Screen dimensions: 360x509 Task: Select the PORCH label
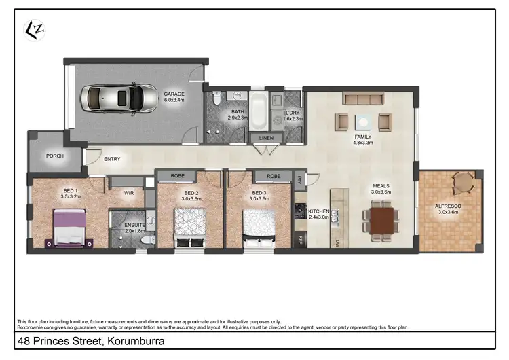click(54, 155)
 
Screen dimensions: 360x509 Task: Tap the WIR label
click(129, 193)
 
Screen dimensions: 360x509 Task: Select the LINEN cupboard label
click(266, 139)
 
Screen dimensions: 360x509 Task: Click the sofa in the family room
click(364, 100)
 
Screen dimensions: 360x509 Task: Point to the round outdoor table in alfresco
click(464, 181)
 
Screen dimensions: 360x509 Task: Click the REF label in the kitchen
click(299, 240)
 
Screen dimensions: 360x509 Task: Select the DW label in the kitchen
click(336, 242)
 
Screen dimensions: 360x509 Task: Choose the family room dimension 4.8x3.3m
click(363, 143)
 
